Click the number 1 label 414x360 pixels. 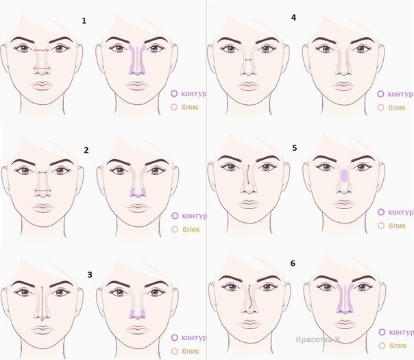[x=84, y=21]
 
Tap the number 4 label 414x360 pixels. [x=293, y=17]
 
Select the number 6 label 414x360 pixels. [x=293, y=263]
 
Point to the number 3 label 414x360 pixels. [x=90, y=275]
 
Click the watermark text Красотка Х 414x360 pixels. [x=318, y=339]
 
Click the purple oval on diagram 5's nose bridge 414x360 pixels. [x=344, y=175]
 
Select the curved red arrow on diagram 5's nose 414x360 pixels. [x=249, y=174]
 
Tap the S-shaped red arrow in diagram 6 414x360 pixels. [x=249, y=296]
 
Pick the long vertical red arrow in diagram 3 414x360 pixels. [x=42, y=304]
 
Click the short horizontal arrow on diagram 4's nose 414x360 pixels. [x=248, y=60]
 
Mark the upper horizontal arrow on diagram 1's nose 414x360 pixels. [x=42, y=50]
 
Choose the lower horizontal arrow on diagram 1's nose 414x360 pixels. [x=42, y=69]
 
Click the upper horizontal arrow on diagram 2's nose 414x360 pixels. [x=42, y=173]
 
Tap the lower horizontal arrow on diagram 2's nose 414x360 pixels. [x=42, y=191]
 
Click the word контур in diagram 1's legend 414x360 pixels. [x=193, y=94]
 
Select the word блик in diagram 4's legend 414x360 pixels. [x=397, y=108]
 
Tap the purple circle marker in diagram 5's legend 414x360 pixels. [x=381, y=212]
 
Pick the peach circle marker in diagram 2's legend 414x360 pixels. [x=175, y=229]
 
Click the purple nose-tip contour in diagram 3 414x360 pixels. [x=137, y=314]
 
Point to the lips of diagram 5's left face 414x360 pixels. [x=248, y=204]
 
